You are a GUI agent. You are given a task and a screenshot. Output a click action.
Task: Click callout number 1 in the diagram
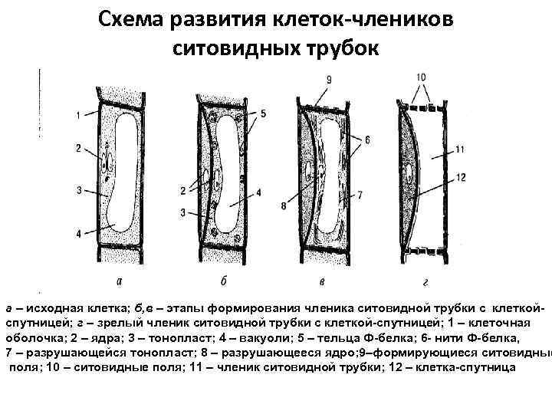(x=79, y=116)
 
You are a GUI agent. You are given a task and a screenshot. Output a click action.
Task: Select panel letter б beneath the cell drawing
(x=222, y=280)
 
